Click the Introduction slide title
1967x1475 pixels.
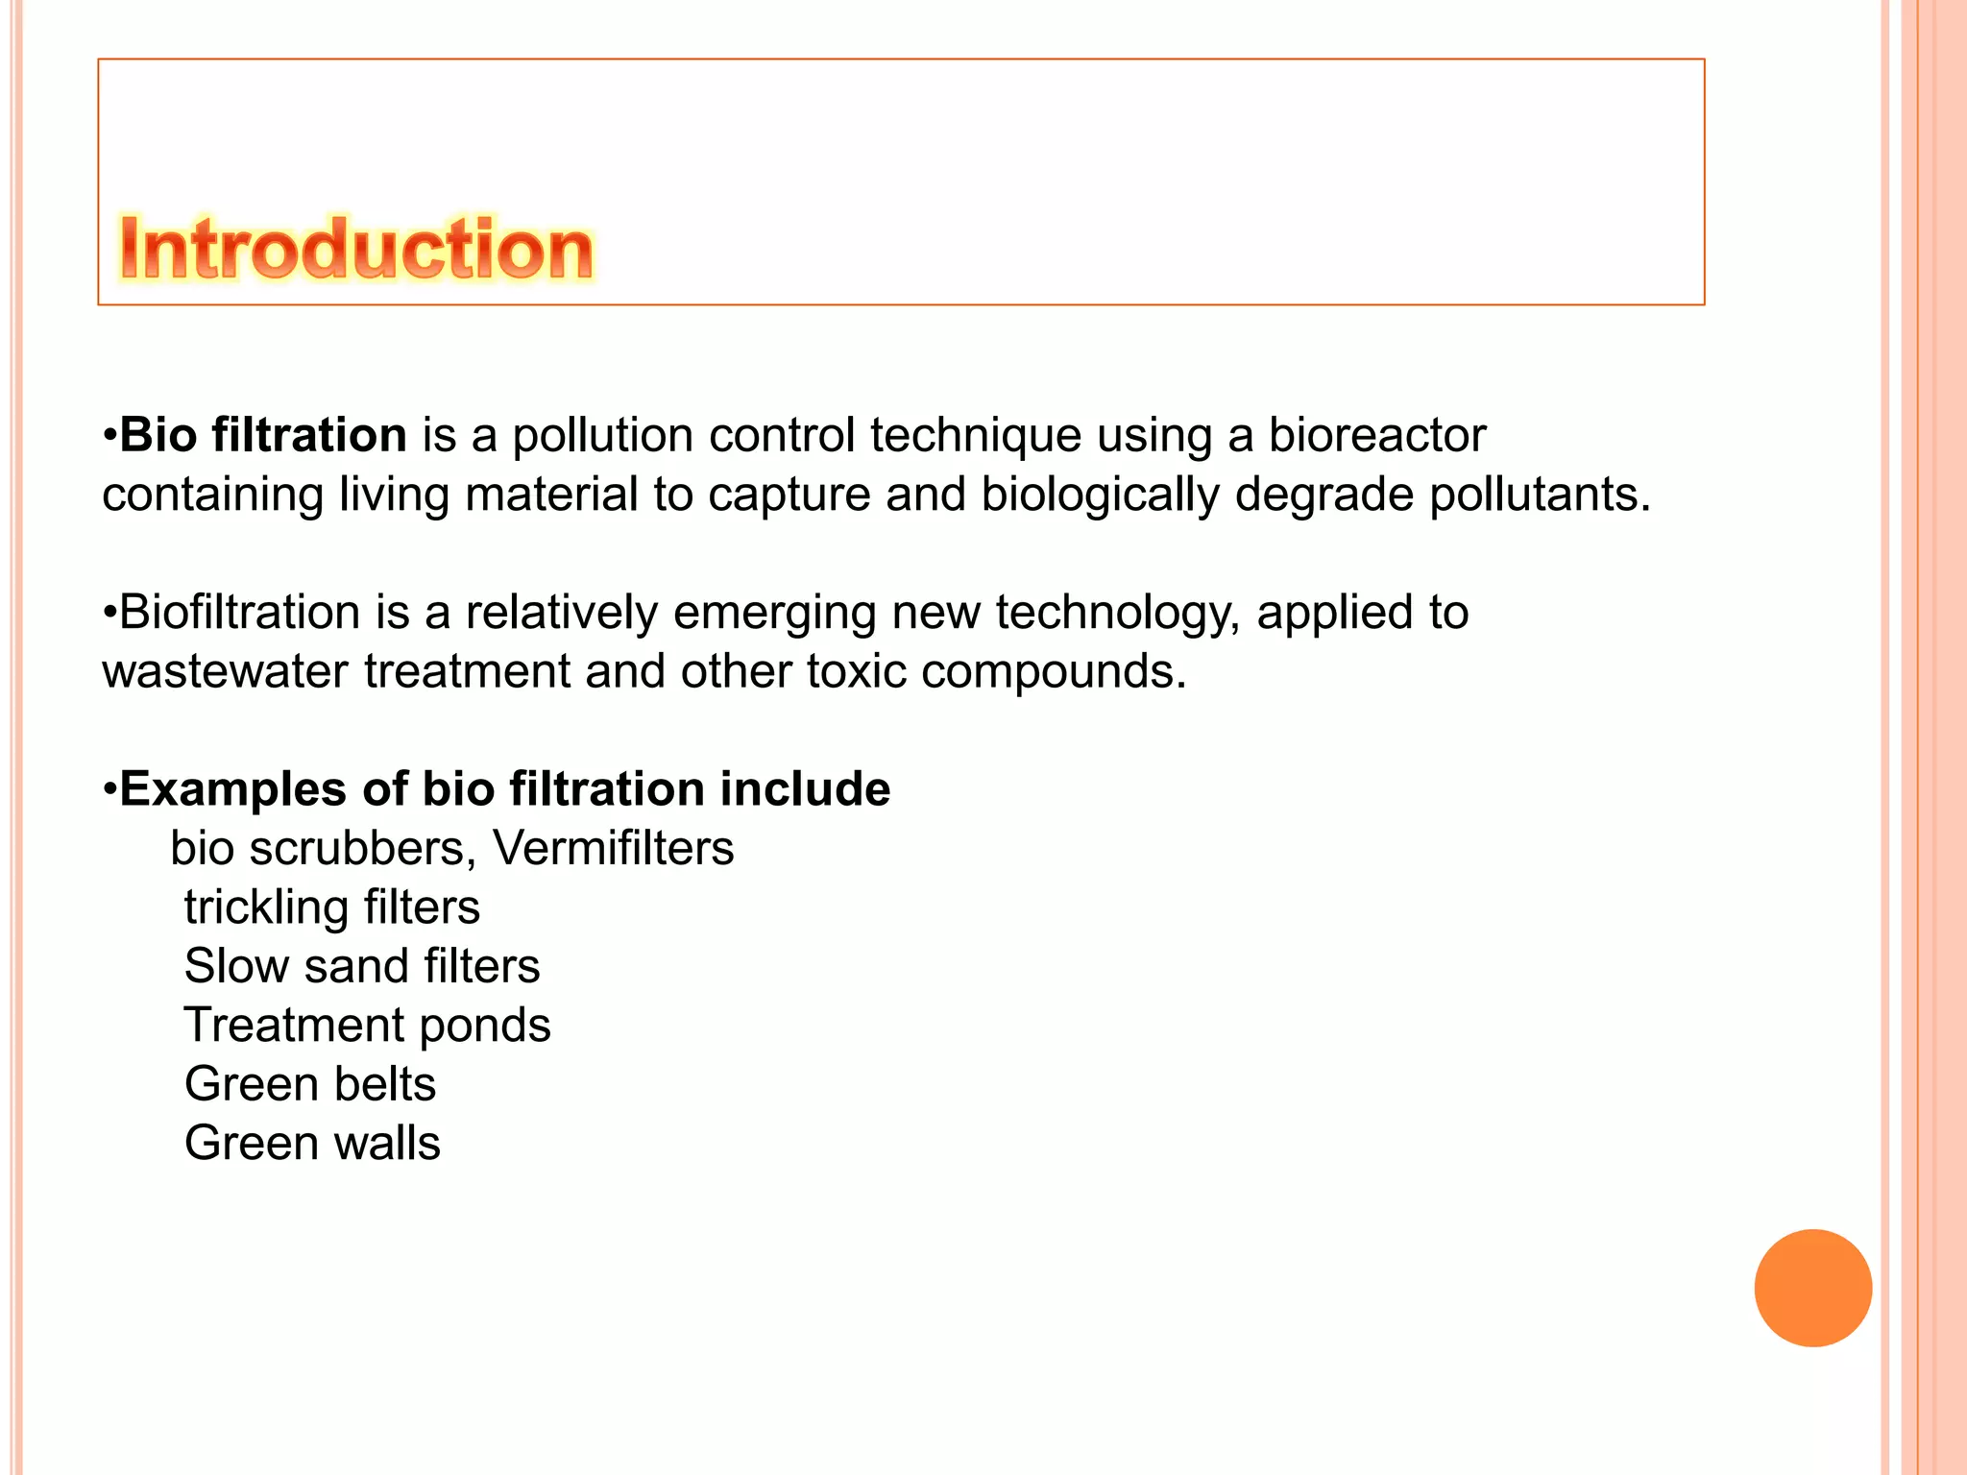[x=356, y=249]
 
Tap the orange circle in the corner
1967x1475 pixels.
[x=1812, y=1288]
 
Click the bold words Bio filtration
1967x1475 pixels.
[x=263, y=435]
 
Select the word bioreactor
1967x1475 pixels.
[x=1377, y=435]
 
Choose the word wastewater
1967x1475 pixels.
[x=225, y=670]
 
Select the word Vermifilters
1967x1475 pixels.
[x=613, y=848]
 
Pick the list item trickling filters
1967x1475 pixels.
[x=332, y=907]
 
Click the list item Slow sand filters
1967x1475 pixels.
[x=362, y=966]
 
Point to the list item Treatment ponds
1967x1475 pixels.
[x=367, y=1025]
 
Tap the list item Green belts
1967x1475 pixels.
[x=310, y=1084]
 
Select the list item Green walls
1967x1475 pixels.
[x=312, y=1143]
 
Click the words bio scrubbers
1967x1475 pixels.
[x=324, y=848]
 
